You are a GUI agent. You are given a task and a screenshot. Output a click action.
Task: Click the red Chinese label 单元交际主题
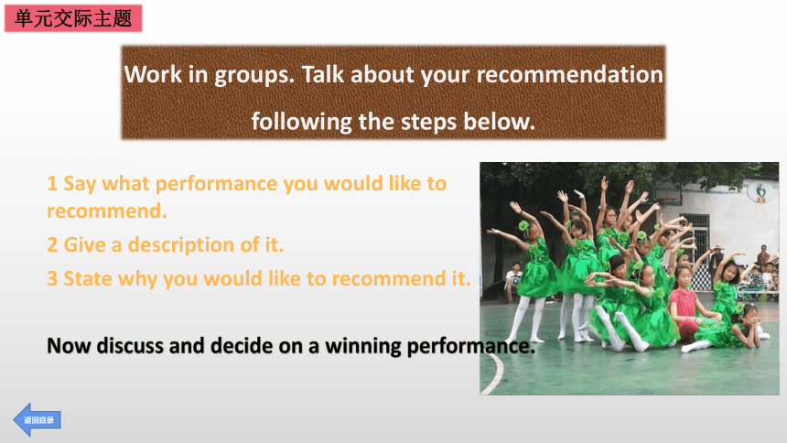tap(73, 18)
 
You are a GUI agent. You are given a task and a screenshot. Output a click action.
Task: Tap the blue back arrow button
tap(37, 420)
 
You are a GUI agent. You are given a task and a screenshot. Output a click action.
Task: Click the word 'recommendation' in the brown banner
tap(570, 74)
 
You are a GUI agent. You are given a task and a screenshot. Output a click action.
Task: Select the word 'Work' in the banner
tap(153, 74)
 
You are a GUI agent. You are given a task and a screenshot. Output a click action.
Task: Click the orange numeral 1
tap(52, 184)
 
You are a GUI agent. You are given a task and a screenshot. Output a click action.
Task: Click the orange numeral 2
tap(52, 245)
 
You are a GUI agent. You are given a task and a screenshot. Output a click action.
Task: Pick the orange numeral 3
tap(52, 279)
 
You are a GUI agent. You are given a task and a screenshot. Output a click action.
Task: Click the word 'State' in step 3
tap(88, 279)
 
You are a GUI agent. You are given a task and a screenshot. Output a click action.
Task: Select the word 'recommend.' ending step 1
tap(107, 211)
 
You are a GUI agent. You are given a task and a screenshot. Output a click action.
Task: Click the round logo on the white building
tap(760, 192)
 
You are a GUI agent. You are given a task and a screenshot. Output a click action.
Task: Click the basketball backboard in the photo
tap(667, 193)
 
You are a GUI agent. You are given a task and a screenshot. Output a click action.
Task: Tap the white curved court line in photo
tap(498, 372)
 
